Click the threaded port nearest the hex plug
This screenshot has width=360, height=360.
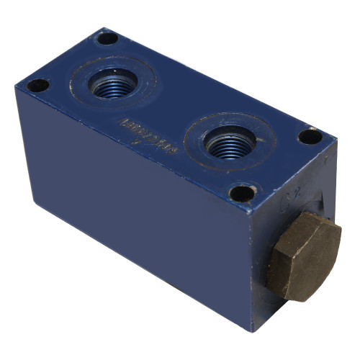click(229, 141)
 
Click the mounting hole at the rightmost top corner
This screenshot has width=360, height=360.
click(310, 135)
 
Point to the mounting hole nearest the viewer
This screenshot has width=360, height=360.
click(243, 193)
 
